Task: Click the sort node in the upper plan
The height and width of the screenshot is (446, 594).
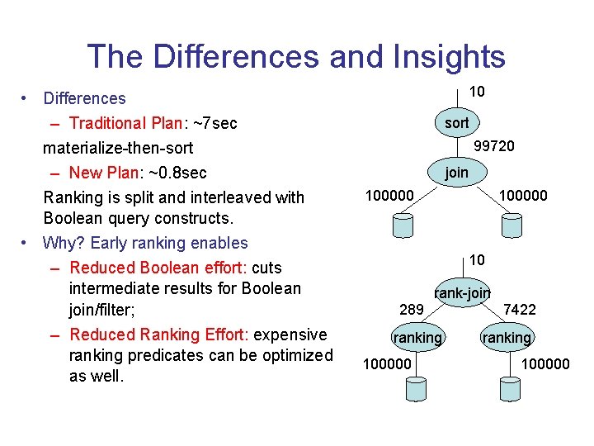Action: [x=456, y=123]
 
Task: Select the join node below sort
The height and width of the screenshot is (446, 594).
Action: [x=456, y=173]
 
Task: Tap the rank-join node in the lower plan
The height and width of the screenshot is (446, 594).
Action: [x=463, y=292]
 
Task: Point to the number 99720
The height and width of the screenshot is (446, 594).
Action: [x=494, y=146]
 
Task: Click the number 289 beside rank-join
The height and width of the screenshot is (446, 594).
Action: [x=411, y=310]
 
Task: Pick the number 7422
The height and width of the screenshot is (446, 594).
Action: [x=520, y=310]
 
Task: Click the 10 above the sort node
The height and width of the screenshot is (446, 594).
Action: [x=477, y=92]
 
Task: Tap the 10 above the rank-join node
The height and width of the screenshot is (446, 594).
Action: [x=477, y=260]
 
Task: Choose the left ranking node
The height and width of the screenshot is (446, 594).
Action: [x=417, y=338]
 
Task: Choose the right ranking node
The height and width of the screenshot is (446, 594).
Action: [x=507, y=338]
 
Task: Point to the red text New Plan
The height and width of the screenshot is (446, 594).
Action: [x=101, y=173]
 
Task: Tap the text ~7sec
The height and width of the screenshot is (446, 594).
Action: [x=214, y=123]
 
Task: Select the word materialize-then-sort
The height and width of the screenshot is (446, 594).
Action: [x=118, y=148]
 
